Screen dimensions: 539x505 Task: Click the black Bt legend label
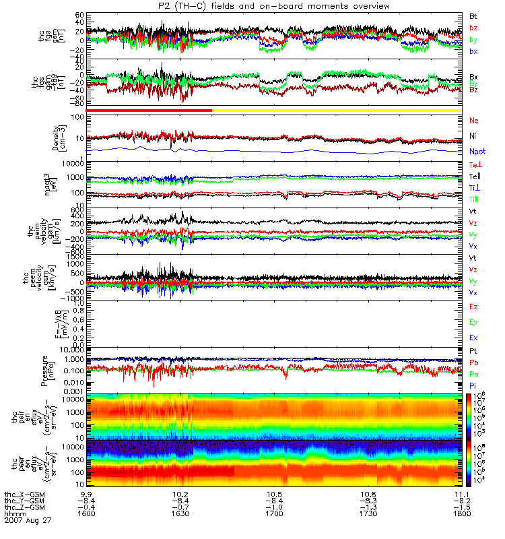coord(475,15)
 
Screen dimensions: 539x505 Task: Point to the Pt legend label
coord(474,352)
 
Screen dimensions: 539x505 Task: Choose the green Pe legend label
coord(474,373)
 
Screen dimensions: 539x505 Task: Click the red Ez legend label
coord(474,307)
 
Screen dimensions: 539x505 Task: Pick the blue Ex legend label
coord(474,337)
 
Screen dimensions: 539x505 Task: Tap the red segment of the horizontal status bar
coord(149,110)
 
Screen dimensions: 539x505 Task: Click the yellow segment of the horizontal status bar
coord(337,110)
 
